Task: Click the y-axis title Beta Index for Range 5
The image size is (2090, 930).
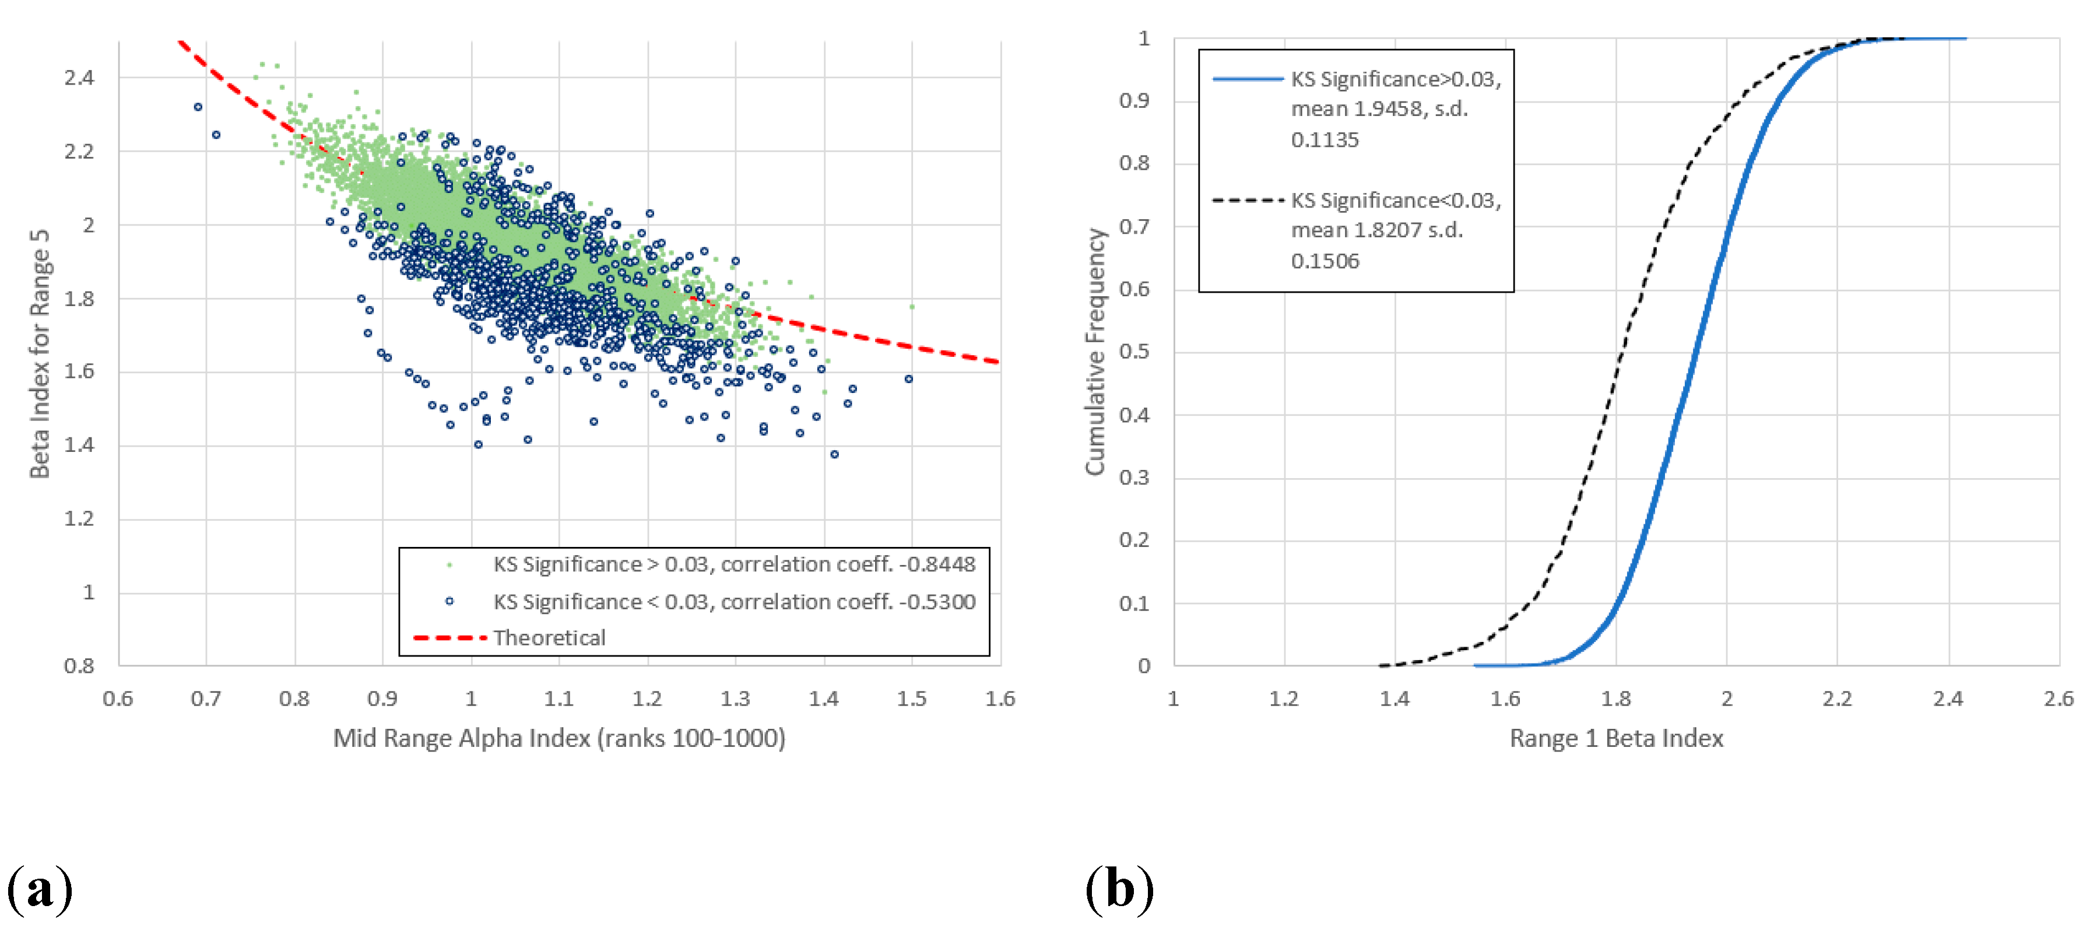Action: point(40,354)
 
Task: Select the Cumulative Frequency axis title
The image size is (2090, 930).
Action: point(1095,352)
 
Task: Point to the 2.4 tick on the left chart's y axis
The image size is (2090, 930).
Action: point(79,78)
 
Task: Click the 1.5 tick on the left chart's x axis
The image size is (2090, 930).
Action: point(911,699)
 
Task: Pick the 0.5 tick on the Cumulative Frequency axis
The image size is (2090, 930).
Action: point(1134,352)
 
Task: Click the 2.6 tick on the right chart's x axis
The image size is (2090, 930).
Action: point(2057,699)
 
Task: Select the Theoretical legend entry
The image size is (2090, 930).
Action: point(549,638)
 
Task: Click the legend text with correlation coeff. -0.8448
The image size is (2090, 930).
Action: point(733,564)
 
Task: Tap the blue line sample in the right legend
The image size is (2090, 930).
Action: point(1247,79)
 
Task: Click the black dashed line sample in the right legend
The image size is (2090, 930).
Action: point(1247,199)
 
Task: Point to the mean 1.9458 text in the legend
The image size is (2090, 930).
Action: point(1379,109)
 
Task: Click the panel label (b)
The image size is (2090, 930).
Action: point(1120,889)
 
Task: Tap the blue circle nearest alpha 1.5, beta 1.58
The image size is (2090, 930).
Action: point(909,379)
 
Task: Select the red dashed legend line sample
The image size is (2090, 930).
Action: point(449,638)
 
